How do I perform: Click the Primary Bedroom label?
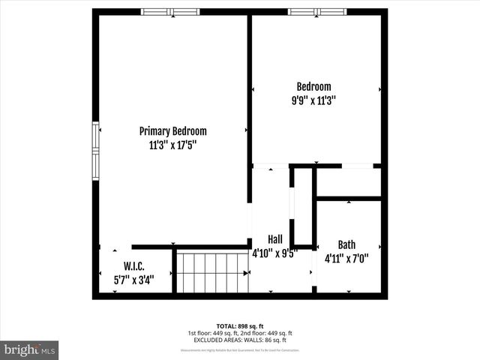click(x=172, y=131)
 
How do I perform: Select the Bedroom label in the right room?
click(x=313, y=87)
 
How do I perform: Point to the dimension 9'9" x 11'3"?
click(x=313, y=100)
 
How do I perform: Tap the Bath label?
click(x=346, y=244)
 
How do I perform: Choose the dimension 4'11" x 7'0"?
click(x=346, y=258)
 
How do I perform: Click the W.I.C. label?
click(x=133, y=267)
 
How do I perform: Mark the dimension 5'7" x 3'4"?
click(x=133, y=280)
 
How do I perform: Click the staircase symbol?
click(x=211, y=273)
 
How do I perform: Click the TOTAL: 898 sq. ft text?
click(x=240, y=325)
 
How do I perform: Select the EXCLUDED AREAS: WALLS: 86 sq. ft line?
click(x=240, y=340)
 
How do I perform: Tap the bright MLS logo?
click(x=30, y=349)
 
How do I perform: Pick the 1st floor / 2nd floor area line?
click(x=240, y=333)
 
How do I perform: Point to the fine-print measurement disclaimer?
click(x=240, y=349)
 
